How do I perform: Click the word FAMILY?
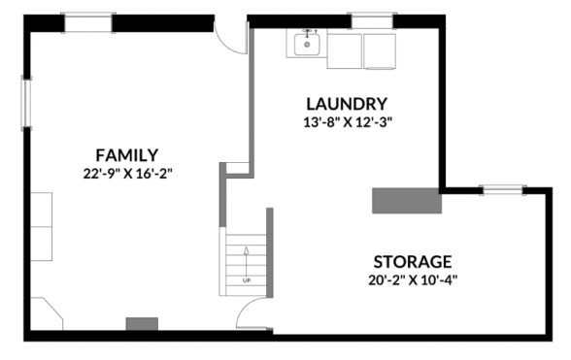tap(126, 155)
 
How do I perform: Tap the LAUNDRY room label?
tap(347, 104)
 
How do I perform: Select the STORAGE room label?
tap(413, 262)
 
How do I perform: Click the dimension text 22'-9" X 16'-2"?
tap(127, 174)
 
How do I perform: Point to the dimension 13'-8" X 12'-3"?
tap(348, 122)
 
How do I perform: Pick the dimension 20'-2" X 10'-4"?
tap(413, 280)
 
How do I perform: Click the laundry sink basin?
tap(307, 45)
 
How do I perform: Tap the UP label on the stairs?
tap(247, 280)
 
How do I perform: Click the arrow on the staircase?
tap(247, 261)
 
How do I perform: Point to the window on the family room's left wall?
tap(26, 103)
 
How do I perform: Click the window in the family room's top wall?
tap(88, 22)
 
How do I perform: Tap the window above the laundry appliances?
tap(372, 20)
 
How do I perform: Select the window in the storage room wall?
tap(503, 190)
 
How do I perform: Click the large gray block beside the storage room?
tap(407, 201)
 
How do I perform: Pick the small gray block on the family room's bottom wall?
tap(142, 324)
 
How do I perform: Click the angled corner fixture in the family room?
tap(47, 313)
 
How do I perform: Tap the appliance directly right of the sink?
tap(344, 51)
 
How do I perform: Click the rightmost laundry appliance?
tap(380, 51)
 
